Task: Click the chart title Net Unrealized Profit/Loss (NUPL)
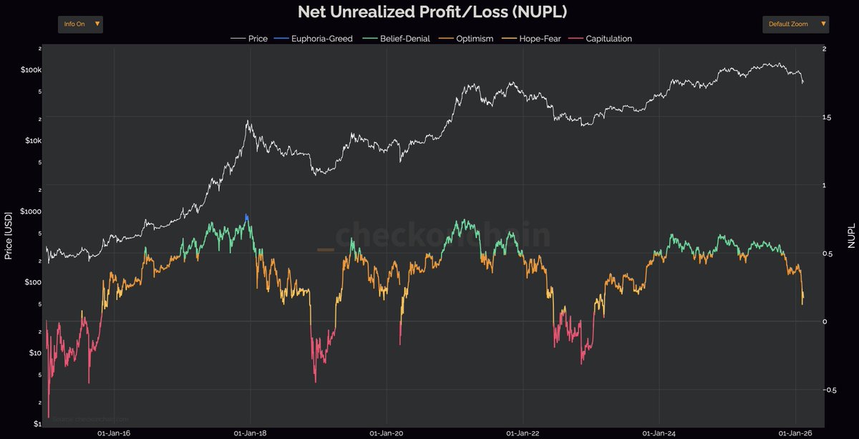[x=429, y=12]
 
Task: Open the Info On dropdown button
[x=80, y=24]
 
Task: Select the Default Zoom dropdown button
[x=795, y=24]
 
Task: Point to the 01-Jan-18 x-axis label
[x=251, y=433]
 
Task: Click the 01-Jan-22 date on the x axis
[x=523, y=433]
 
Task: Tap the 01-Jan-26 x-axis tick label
[x=796, y=433]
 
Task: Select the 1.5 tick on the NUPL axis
[x=828, y=117]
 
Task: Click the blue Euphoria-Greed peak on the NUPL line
[x=246, y=216]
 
